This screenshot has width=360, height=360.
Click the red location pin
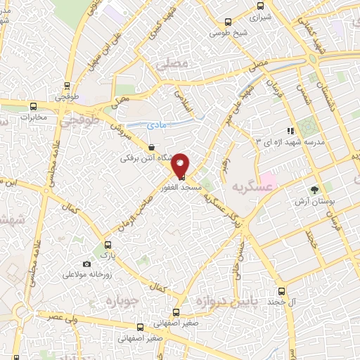[181, 164]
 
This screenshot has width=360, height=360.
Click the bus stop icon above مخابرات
[32, 106]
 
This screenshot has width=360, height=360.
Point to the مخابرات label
[32, 117]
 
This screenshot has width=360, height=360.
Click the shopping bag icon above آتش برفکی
[153, 147]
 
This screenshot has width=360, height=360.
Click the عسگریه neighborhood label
[253, 186]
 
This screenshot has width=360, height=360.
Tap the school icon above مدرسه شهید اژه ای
[289, 131]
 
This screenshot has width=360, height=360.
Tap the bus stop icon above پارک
[108, 245]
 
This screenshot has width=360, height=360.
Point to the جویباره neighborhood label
[124, 300]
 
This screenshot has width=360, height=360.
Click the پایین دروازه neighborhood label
[235, 300]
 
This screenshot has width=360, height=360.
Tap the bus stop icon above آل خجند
[281, 290]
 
